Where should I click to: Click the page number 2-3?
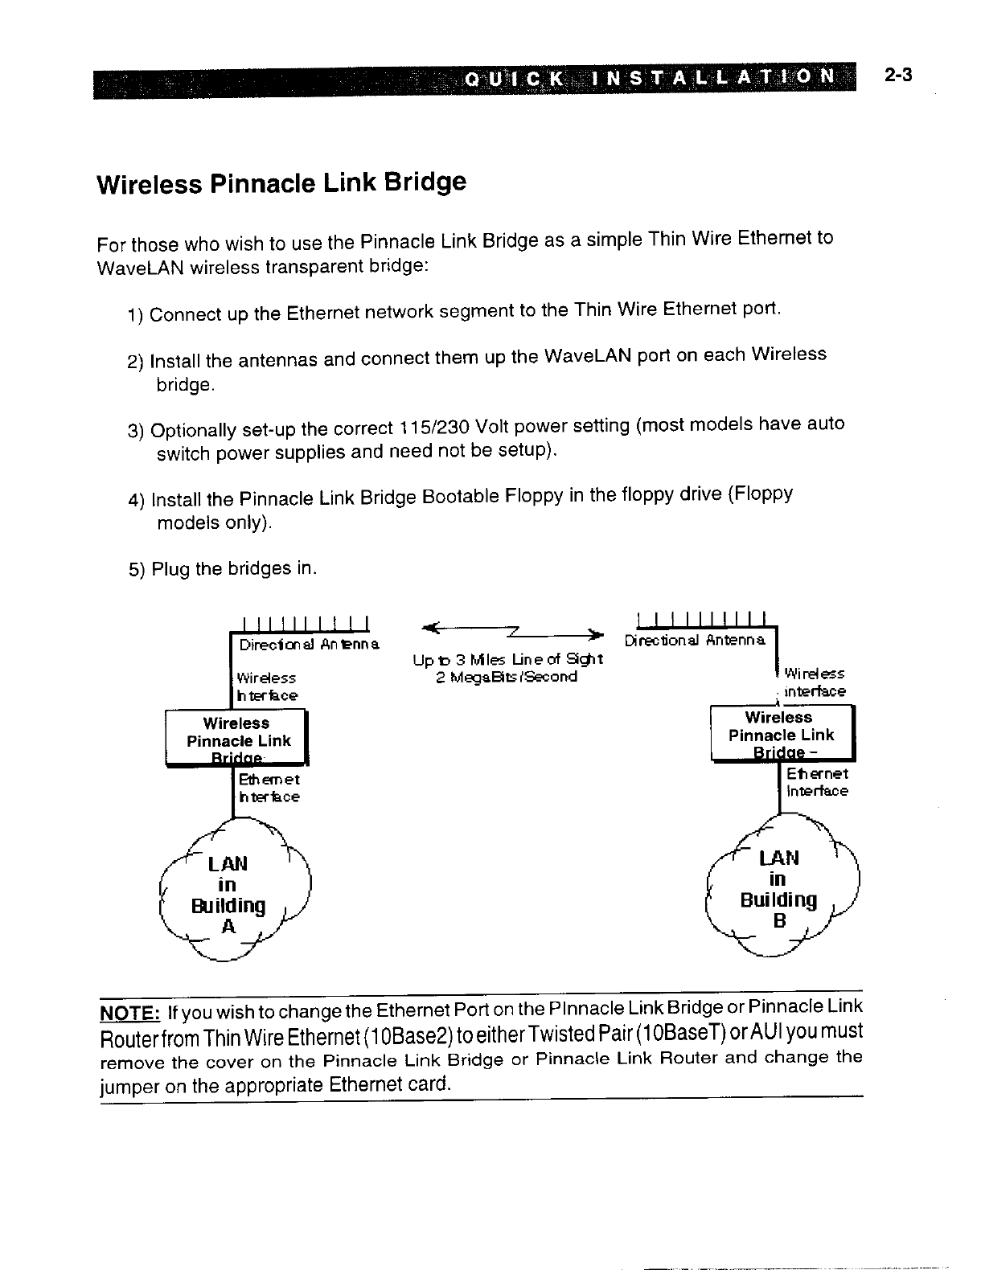tap(897, 76)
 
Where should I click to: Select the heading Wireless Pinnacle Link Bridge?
tap(281, 182)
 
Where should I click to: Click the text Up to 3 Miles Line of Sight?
tap(508, 660)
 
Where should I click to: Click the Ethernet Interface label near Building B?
tap(816, 782)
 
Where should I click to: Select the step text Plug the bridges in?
tap(234, 569)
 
